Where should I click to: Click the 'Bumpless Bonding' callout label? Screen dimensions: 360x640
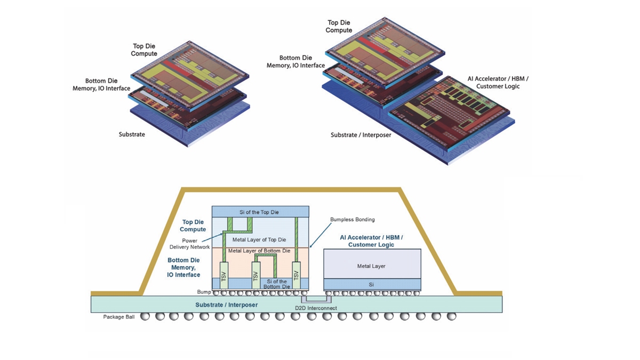(x=353, y=219)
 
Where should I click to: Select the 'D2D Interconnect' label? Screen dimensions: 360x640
(x=316, y=308)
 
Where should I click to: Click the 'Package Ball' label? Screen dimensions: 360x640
(x=118, y=317)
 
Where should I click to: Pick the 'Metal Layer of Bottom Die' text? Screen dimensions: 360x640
(x=259, y=250)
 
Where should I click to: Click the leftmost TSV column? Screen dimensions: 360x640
(x=223, y=276)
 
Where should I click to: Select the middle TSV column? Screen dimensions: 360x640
(x=256, y=276)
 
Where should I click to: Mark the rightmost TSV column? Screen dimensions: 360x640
(x=297, y=276)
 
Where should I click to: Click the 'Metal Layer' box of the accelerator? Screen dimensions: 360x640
(x=372, y=265)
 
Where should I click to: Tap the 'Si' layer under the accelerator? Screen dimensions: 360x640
(x=372, y=285)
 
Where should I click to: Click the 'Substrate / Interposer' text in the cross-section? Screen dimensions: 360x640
(x=227, y=305)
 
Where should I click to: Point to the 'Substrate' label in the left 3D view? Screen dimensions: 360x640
(x=132, y=134)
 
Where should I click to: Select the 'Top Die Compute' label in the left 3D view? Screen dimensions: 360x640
(x=145, y=50)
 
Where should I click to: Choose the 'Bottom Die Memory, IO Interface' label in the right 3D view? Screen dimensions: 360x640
(x=295, y=61)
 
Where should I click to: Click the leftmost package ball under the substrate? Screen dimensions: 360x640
(x=144, y=316)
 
